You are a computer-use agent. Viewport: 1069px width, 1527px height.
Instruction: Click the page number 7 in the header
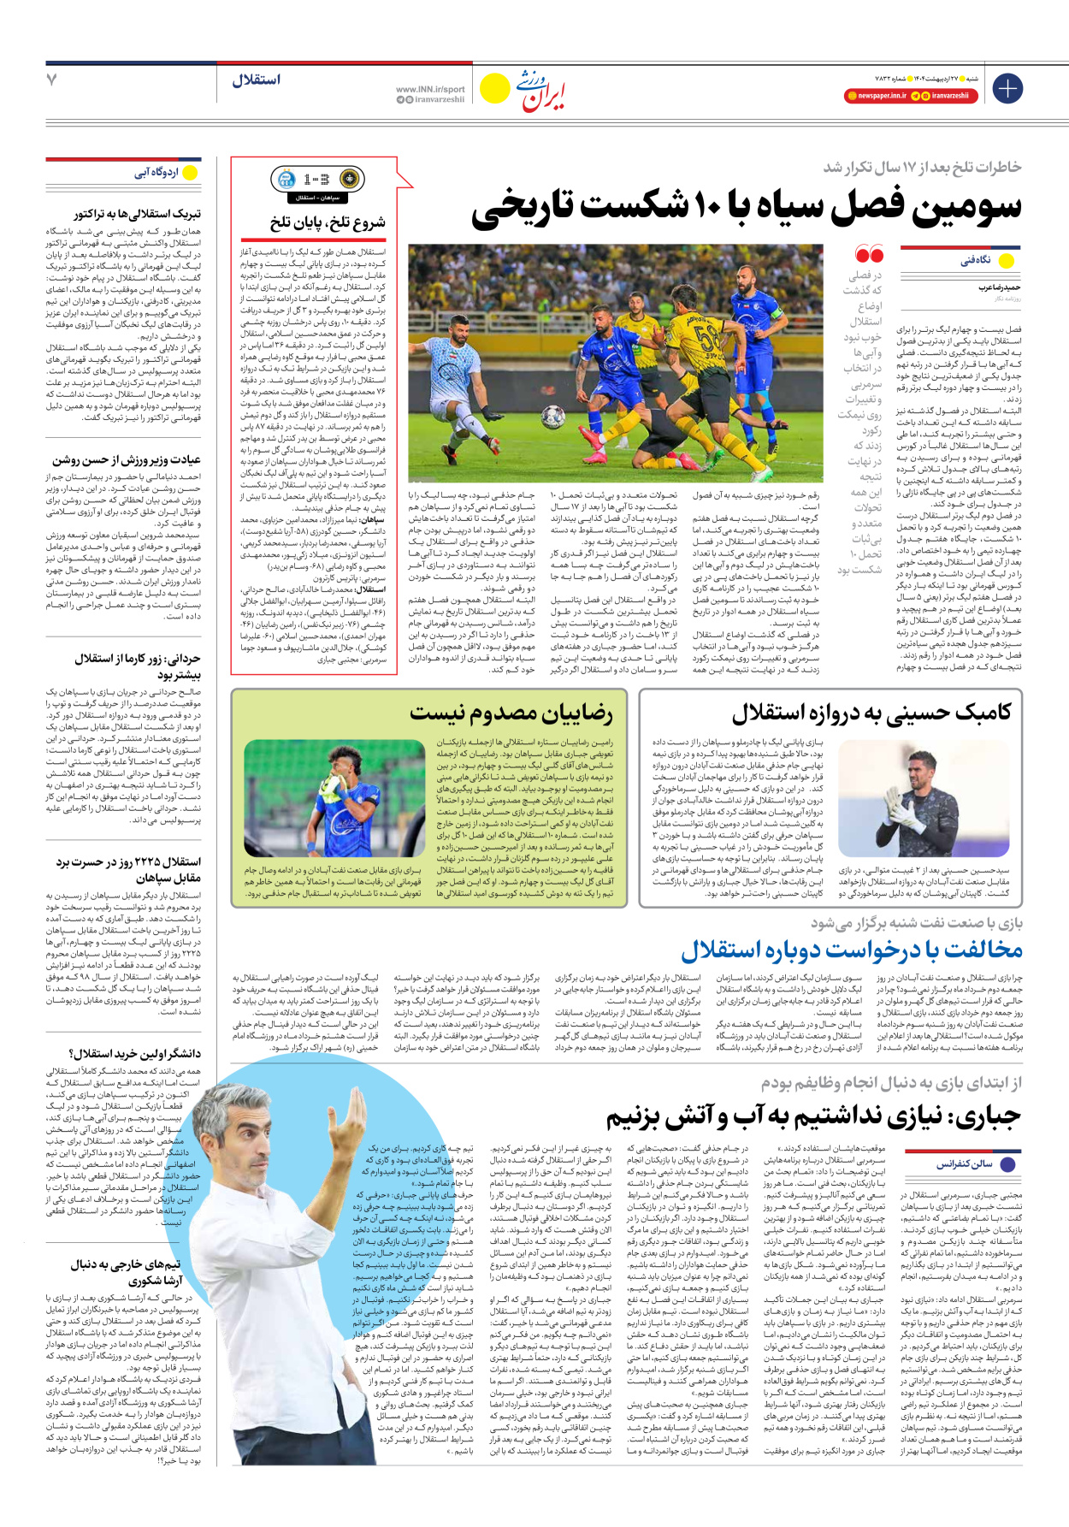51,80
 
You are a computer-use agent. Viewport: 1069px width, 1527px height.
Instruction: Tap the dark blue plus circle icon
1007,88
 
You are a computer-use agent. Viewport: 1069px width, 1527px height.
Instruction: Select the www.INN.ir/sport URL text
430,89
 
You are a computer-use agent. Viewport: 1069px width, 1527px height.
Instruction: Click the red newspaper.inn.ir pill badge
876,97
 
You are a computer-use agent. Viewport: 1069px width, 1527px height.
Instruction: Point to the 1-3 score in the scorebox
316,180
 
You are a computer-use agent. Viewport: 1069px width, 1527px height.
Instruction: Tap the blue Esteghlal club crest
283,180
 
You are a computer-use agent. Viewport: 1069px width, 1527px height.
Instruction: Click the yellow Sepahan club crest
349,180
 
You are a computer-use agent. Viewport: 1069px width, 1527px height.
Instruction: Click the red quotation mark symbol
868,255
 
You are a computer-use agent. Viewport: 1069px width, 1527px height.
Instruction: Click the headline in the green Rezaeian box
511,712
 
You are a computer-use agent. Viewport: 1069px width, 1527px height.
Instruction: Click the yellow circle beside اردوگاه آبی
190,174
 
